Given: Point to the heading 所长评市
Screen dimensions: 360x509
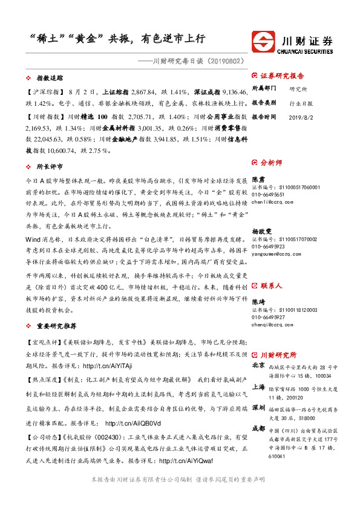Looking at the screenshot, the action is [51, 166].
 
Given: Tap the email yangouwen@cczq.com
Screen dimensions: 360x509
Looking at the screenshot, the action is [275, 237].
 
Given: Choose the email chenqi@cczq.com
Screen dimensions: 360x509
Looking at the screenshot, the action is [270, 324].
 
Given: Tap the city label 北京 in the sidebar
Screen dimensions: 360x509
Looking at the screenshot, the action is [258, 365].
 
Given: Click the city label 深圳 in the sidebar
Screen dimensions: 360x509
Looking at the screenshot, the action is [258, 407].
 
